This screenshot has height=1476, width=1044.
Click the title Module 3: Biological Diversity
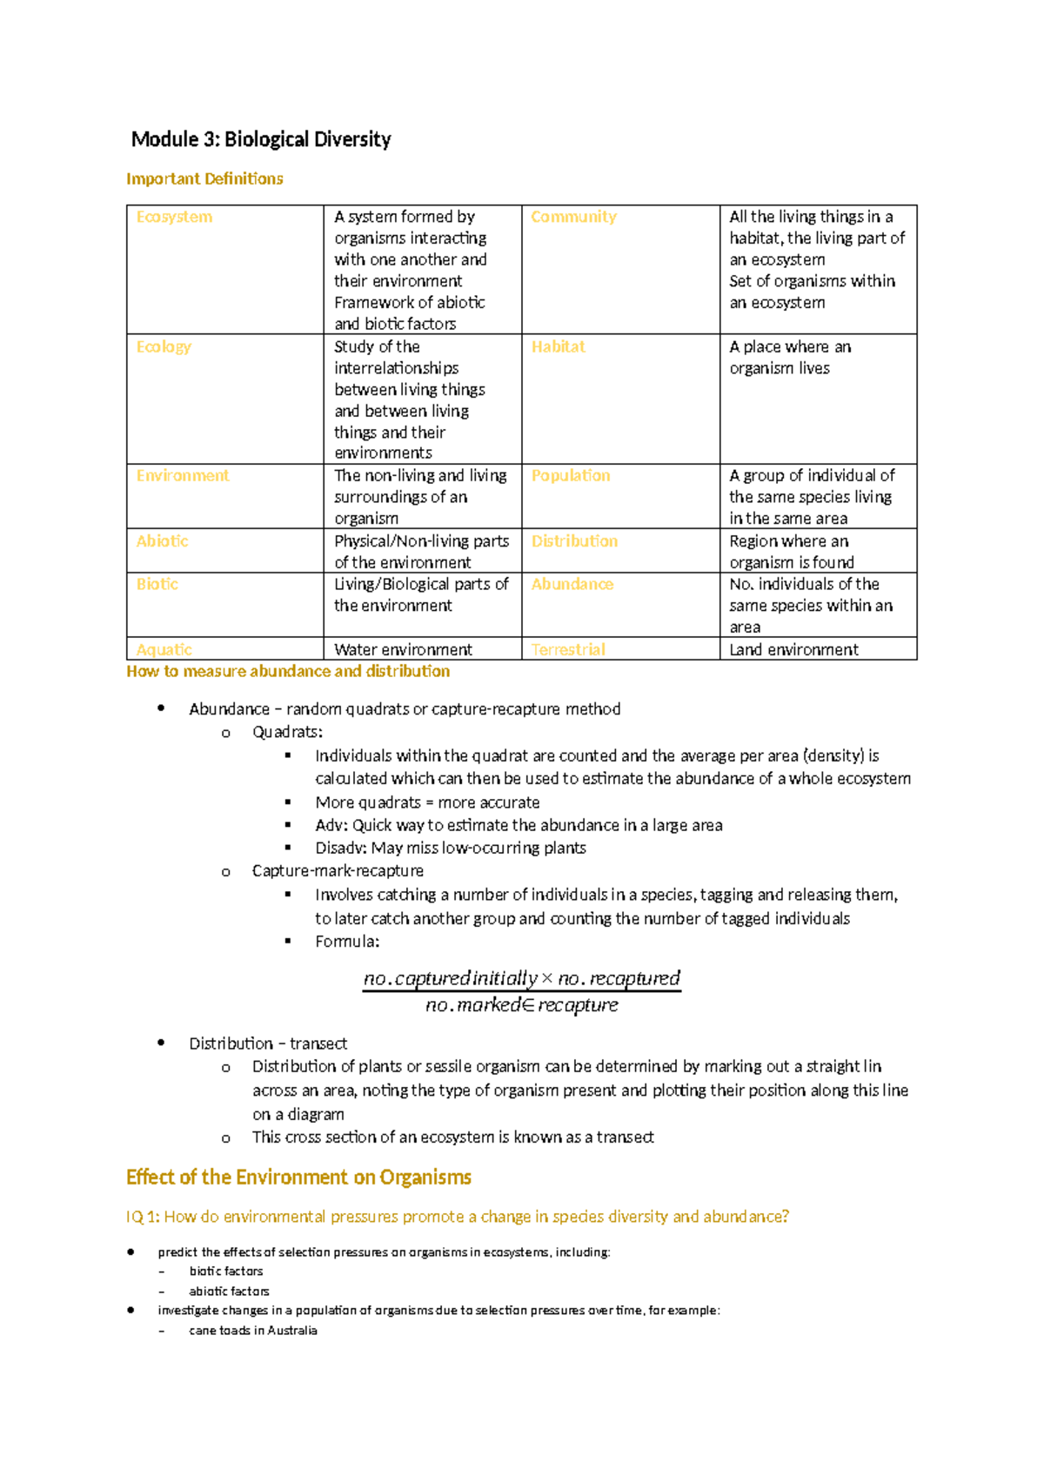click(261, 139)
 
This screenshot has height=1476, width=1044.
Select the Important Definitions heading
click(204, 178)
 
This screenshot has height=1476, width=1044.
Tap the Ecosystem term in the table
click(174, 217)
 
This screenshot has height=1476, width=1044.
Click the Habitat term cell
click(558, 346)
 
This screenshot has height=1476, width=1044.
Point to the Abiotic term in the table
click(162, 540)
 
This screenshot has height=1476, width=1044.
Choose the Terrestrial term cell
click(568, 649)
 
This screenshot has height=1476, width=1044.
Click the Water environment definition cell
click(403, 649)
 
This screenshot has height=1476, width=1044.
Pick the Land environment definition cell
click(793, 649)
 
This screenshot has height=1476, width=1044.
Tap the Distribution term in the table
click(574, 540)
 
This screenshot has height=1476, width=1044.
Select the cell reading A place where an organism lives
click(790, 358)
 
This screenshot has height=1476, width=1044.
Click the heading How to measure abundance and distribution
click(288, 671)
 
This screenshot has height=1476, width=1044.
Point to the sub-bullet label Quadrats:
click(287, 732)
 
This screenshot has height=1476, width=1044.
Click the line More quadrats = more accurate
click(427, 802)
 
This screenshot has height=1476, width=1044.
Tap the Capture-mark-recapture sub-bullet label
click(338, 871)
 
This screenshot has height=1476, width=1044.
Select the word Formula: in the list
click(347, 942)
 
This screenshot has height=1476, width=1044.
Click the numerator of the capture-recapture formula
click(521, 978)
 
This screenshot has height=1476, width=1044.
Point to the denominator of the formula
click(521, 1005)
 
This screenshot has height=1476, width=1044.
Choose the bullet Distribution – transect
click(268, 1043)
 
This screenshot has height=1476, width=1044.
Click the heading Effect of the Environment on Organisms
click(298, 1177)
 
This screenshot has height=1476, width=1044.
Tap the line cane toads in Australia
click(253, 1331)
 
